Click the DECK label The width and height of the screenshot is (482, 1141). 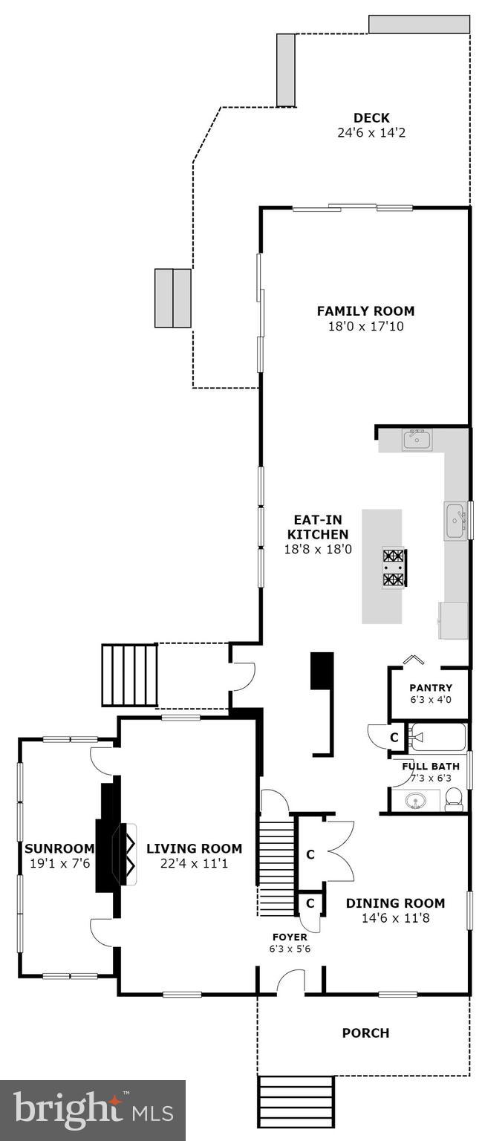tap(371, 118)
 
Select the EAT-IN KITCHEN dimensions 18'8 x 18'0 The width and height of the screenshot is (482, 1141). tap(317, 550)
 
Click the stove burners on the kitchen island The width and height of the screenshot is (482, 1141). tap(394, 567)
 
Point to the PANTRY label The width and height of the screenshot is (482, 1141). tap(431, 687)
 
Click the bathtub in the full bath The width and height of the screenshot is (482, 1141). tap(438, 738)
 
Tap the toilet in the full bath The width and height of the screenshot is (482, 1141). tap(454, 799)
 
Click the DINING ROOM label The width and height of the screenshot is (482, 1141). tap(395, 903)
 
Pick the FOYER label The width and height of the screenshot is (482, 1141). tap(290, 937)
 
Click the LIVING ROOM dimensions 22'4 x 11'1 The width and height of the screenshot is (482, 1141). tap(194, 863)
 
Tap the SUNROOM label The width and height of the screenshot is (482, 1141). tap(59, 848)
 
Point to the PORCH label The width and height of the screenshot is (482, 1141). tap(365, 1033)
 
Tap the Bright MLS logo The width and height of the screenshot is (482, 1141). tap(93, 1111)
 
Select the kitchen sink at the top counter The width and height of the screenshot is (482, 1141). tap(417, 439)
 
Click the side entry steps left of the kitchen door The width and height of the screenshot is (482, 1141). tap(130, 675)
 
